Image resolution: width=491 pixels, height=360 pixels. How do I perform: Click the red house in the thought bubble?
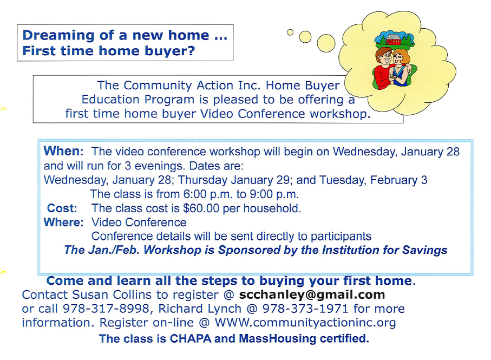tap(394, 40)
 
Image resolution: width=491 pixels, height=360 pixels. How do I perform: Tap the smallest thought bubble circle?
tap(290, 32)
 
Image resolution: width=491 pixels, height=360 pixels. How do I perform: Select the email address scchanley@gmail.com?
tap(312, 294)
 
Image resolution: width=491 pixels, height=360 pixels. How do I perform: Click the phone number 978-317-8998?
tap(106, 309)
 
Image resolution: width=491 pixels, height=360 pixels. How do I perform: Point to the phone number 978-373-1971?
tap(305, 309)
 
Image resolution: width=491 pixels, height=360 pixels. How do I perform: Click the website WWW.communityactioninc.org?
tap(305, 323)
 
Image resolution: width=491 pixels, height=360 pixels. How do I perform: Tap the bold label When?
tap(63, 151)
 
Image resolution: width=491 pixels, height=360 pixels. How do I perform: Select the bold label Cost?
tap(62, 208)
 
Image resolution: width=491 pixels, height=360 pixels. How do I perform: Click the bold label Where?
tap(64, 222)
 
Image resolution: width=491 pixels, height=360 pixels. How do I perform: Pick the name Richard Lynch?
tap(200, 309)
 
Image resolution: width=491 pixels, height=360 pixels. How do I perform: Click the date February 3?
tap(398, 180)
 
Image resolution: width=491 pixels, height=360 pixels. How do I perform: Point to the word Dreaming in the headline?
tap(58, 35)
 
